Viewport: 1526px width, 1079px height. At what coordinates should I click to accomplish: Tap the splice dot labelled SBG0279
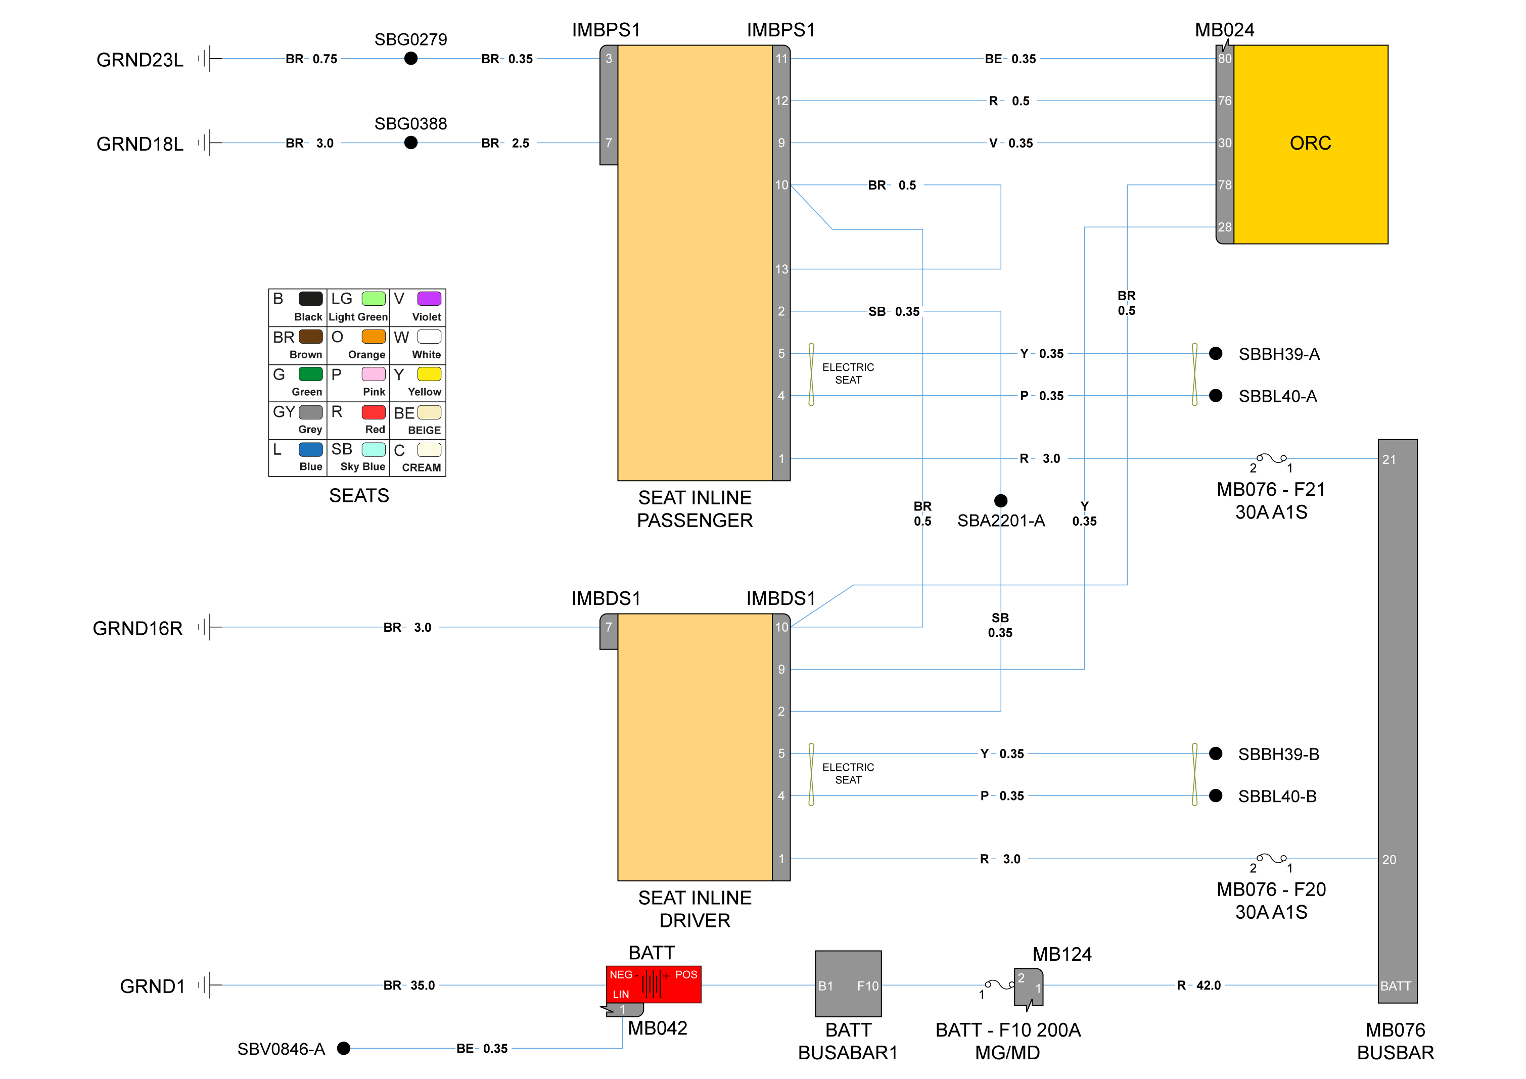pyautogui.click(x=411, y=59)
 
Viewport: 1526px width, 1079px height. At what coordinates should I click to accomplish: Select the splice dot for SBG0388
pyautogui.click(x=411, y=143)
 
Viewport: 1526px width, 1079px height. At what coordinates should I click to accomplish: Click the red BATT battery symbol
pyautogui.click(x=654, y=984)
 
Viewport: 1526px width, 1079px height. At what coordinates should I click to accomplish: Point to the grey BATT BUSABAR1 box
pyautogui.click(x=848, y=984)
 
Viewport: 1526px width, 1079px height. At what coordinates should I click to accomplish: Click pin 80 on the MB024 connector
pyautogui.click(x=1224, y=59)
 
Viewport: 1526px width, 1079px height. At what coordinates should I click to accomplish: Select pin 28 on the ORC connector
pyautogui.click(x=1224, y=227)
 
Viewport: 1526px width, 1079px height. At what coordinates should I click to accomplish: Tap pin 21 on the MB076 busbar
pyautogui.click(x=1389, y=459)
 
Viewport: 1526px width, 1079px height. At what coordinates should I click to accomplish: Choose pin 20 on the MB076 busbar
pyautogui.click(x=1389, y=859)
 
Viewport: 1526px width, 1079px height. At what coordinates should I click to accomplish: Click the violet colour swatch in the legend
pyautogui.click(x=429, y=298)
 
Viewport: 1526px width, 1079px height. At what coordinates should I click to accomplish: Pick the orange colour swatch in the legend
pyautogui.click(x=374, y=337)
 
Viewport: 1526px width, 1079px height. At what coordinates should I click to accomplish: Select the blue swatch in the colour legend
pyautogui.click(x=310, y=450)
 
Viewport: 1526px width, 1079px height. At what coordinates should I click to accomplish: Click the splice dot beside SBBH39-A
pyautogui.click(x=1216, y=353)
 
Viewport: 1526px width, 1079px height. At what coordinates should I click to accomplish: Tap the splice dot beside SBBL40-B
pyautogui.click(x=1216, y=795)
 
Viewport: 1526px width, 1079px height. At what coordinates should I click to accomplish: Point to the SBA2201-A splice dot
pyautogui.click(x=1000, y=500)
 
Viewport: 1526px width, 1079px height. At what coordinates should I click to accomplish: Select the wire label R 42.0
pyautogui.click(x=1199, y=986)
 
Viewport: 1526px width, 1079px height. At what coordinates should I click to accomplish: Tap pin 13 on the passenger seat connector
pyautogui.click(x=781, y=269)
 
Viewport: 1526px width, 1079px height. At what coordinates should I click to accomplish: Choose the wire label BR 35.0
pyautogui.click(x=409, y=986)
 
